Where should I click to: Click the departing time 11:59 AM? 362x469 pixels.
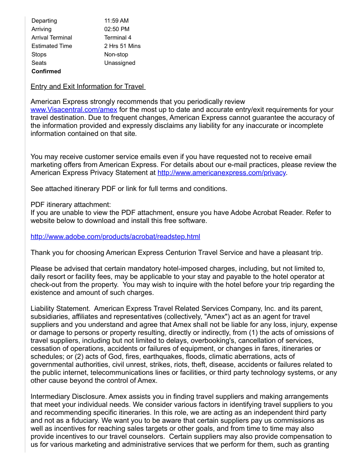116,21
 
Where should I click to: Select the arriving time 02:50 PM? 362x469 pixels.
117,29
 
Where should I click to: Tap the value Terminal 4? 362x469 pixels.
118,38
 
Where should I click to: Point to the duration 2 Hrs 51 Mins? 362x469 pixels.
122,46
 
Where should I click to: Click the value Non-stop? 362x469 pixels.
116,55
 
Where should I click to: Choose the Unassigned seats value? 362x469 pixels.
120,63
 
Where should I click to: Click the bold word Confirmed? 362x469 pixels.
46,72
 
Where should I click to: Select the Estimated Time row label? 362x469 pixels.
51,46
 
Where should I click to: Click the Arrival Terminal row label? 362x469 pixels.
51,38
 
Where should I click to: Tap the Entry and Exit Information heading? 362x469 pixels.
88,87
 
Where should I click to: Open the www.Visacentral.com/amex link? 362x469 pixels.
74,110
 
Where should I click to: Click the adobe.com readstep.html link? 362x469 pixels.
115,237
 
